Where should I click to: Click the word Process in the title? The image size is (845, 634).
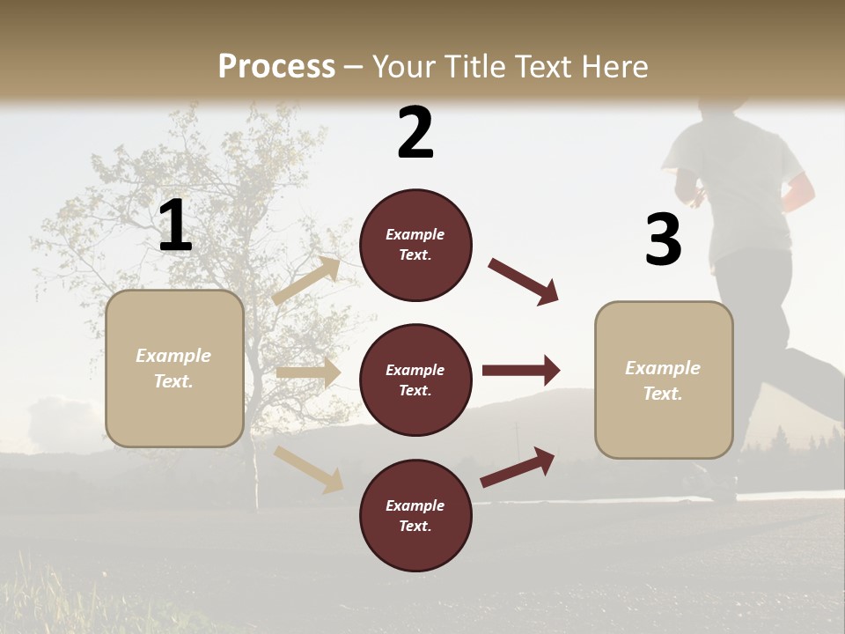tap(276, 67)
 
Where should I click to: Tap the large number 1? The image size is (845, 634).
tap(175, 226)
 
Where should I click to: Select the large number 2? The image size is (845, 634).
tap(415, 133)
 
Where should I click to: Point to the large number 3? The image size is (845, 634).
tap(663, 240)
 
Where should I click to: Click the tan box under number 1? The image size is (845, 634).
tap(174, 368)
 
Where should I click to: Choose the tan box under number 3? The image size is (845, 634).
tap(664, 380)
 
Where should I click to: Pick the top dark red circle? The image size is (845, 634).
tap(415, 245)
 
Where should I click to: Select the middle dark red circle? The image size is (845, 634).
tap(415, 380)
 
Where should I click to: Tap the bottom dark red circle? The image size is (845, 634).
tap(415, 516)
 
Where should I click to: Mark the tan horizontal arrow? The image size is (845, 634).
tap(308, 372)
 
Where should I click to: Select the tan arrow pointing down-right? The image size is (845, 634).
tap(309, 468)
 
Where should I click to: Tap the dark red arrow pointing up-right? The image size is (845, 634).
tap(518, 467)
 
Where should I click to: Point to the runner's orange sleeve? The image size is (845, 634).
tap(800, 193)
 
